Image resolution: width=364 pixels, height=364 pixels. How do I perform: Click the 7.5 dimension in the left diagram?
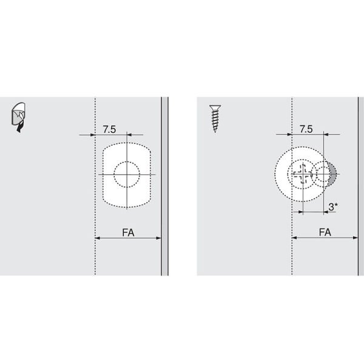[109, 130]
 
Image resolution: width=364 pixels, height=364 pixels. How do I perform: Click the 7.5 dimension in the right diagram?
[306, 129]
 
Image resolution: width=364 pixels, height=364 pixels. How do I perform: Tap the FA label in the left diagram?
[128, 232]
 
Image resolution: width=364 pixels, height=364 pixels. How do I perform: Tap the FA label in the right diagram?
[325, 232]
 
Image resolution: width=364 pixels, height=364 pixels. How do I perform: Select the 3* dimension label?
[333, 207]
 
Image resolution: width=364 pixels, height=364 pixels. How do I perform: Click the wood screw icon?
[215, 118]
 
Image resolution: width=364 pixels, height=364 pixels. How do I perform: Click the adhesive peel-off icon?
[19, 117]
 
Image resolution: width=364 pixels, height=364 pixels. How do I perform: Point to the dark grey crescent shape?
[333, 174]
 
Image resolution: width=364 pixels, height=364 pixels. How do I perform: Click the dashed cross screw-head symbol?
[303, 174]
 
